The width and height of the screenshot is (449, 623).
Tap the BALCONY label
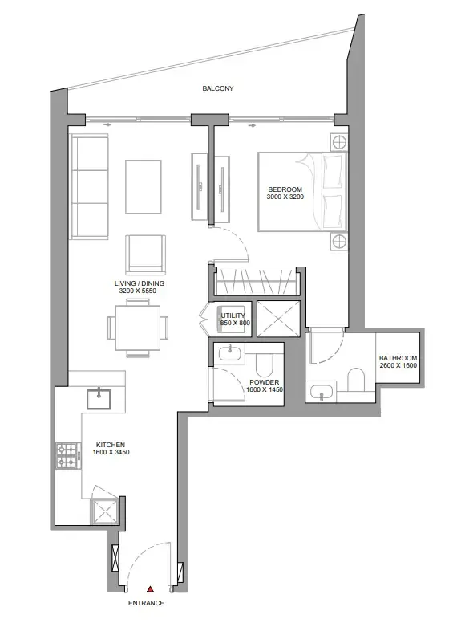[217, 89]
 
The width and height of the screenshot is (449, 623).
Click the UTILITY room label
[233, 316]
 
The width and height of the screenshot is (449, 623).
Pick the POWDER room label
[263, 383]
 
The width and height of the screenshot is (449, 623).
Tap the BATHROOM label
[398, 358]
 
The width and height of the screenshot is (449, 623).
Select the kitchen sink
[99, 395]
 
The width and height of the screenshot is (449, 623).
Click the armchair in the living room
[146, 254]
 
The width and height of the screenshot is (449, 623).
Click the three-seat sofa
[89, 186]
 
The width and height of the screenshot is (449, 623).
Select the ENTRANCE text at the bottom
[146, 603]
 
